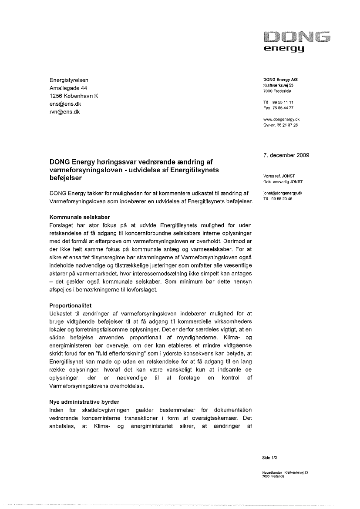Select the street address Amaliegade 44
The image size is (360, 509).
coord(68,88)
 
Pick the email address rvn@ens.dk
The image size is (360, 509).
coord(64,112)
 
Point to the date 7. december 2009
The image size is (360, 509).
coord(286,155)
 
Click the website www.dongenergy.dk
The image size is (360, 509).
coord(281,119)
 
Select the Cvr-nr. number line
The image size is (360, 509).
coord(281,124)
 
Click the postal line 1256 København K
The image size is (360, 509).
coord(74,96)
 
